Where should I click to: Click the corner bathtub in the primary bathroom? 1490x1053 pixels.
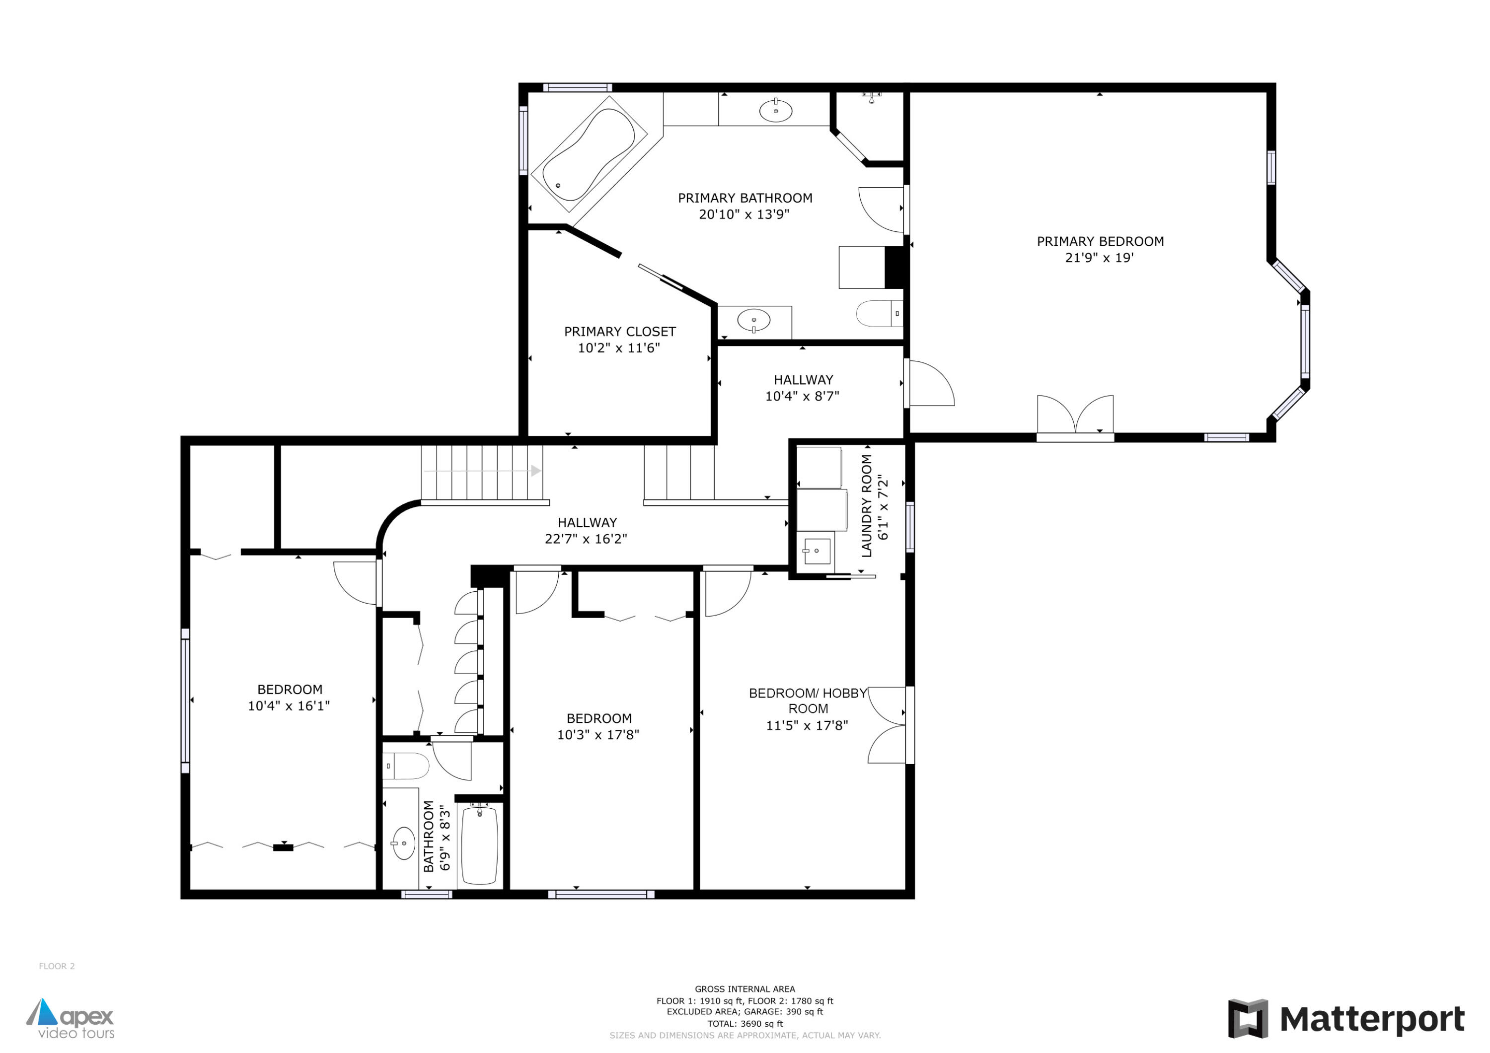pyautogui.click(x=588, y=154)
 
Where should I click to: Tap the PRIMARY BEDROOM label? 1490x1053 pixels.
pyautogui.click(x=1100, y=241)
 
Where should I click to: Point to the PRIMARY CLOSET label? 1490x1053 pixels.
pyautogui.click(x=620, y=332)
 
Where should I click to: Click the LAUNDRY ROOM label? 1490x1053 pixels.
pyautogui.click(x=866, y=505)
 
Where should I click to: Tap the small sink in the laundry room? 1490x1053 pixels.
pyautogui.click(x=817, y=551)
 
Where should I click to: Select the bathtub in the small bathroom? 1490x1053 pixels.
pyautogui.click(x=480, y=845)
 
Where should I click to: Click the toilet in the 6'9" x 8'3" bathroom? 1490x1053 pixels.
pyautogui.click(x=406, y=766)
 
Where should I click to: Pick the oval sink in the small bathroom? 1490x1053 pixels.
pyautogui.click(x=404, y=843)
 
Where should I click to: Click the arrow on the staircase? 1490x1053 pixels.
pyautogui.click(x=535, y=470)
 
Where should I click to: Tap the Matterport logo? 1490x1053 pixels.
pyautogui.click(x=1346, y=1019)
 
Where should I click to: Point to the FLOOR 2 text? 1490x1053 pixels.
pyautogui.click(x=57, y=966)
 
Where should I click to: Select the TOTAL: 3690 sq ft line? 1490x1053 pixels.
pyautogui.click(x=745, y=1024)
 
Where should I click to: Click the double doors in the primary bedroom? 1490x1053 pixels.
pyautogui.click(x=1075, y=415)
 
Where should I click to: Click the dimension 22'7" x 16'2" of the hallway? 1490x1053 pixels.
pyautogui.click(x=586, y=539)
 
